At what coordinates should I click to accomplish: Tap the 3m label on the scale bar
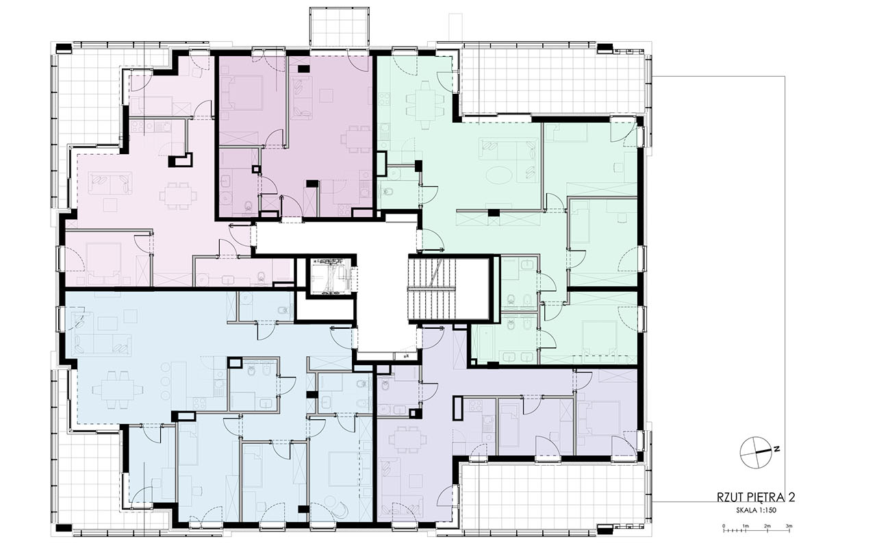tap(789, 525)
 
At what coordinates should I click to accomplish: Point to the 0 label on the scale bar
tap(724, 525)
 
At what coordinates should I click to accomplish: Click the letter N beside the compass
tap(776, 449)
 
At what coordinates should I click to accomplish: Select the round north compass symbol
tap(755, 452)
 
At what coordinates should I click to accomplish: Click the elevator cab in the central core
tap(329, 275)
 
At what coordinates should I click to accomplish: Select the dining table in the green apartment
tap(424, 104)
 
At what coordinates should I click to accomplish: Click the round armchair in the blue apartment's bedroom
tap(340, 510)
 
